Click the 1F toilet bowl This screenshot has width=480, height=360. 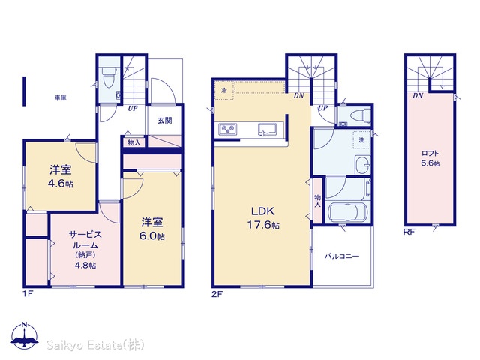pyautogui.click(x=109, y=77)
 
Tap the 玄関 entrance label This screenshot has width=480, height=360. pyautogui.click(x=165, y=120)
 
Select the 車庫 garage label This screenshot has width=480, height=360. pyautogui.click(x=61, y=97)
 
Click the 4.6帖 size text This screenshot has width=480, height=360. pyautogui.click(x=61, y=184)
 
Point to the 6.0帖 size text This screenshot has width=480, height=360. pyautogui.click(x=152, y=236)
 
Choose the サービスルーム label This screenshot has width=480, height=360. pyautogui.click(x=85, y=240)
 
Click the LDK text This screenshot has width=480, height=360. pyautogui.click(x=263, y=211)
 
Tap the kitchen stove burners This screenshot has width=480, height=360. pyautogui.click(x=227, y=129)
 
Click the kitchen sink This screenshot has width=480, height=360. pyautogui.click(x=267, y=129)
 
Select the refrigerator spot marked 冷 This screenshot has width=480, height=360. pyautogui.click(x=224, y=91)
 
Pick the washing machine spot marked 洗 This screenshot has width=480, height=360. pyautogui.click(x=361, y=140)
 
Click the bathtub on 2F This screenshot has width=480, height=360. pyautogui.click(x=347, y=212)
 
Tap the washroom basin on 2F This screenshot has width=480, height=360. pyautogui.click(x=363, y=165)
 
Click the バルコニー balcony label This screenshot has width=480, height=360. pyautogui.click(x=342, y=256)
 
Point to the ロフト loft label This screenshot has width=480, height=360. pyautogui.click(x=430, y=153)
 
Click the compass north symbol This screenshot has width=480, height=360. pyautogui.click(x=24, y=336)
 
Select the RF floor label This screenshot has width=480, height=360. pyautogui.click(x=409, y=232)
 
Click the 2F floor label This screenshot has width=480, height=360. pyautogui.click(x=217, y=294)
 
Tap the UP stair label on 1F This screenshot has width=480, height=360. pyautogui.click(x=133, y=108)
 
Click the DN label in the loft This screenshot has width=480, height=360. pyautogui.click(x=418, y=96)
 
